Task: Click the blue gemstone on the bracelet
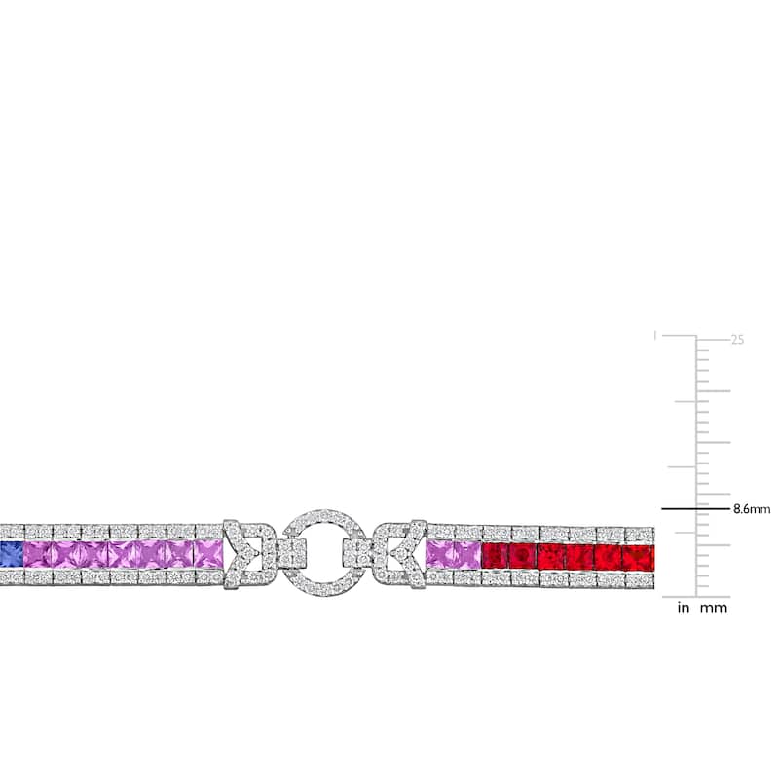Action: [11, 554]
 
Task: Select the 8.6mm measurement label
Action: [752, 509]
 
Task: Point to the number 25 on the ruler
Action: [737, 340]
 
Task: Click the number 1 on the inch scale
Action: [654, 336]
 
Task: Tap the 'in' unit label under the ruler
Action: [684, 608]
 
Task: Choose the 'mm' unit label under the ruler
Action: [714, 608]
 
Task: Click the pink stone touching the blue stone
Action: [37, 554]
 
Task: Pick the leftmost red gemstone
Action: [495, 556]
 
